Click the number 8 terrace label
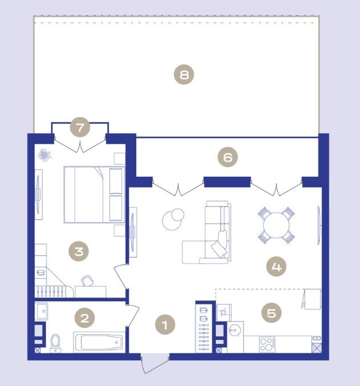184,74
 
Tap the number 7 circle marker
80,128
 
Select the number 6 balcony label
228,157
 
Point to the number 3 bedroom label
79,251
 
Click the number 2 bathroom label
84,318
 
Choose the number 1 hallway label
165,324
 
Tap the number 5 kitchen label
272,313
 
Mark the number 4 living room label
276,266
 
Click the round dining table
276,225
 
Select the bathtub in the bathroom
99,342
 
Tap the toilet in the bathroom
55,343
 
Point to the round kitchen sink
235,329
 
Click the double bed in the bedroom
94,195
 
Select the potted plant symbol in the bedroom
45,155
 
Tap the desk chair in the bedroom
87,281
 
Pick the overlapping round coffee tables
173,219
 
